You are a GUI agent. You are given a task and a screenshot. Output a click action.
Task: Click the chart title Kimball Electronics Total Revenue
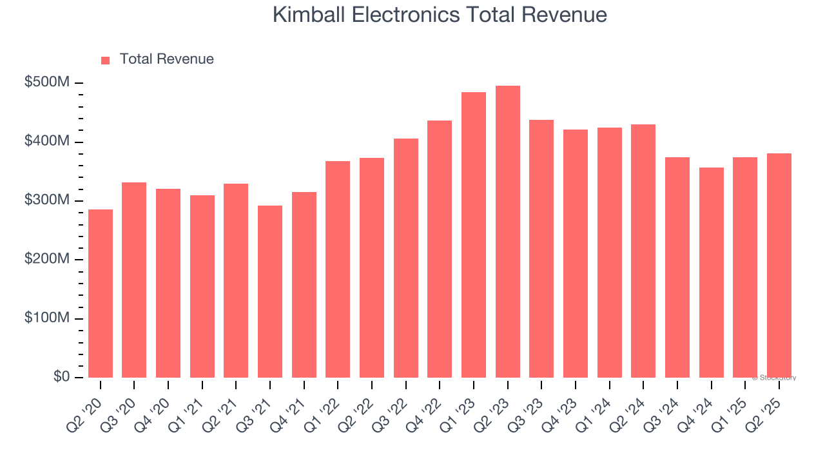(x=440, y=15)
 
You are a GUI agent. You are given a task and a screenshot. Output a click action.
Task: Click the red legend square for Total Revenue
(x=106, y=60)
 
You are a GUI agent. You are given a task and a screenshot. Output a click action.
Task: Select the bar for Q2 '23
(x=507, y=232)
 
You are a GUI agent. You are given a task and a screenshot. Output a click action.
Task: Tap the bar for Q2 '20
(x=101, y=293)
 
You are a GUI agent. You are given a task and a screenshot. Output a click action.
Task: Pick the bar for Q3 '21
(x=270, y=291)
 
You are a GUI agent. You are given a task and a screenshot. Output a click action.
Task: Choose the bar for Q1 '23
(x=474, y=235)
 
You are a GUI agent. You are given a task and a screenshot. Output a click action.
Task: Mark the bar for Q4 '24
(x=711, y=273)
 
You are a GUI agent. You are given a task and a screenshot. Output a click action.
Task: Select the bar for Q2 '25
(x=779, y=266)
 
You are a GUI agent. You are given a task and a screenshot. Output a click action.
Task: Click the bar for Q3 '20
(x=134, y=280)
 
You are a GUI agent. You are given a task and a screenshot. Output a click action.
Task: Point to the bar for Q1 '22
(x=338, y=269)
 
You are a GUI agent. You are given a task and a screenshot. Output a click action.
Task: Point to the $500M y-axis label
(x=48, y=82)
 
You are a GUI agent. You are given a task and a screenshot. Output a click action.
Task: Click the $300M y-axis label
(x=48, y=200)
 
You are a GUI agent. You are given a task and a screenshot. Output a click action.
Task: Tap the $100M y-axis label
(x=48, y=318)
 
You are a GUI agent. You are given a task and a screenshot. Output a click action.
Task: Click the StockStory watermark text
(x=774, y=378)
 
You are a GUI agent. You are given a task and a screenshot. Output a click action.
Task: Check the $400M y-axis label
(x=48, y=141)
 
